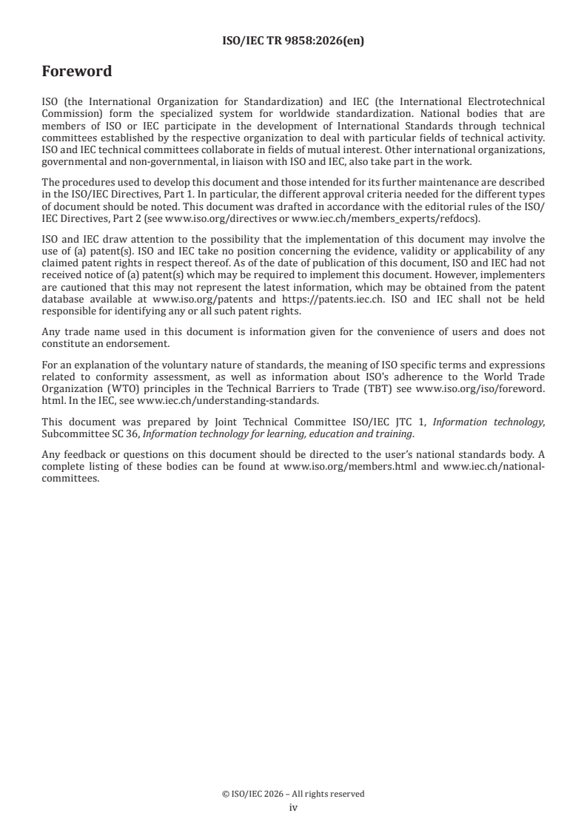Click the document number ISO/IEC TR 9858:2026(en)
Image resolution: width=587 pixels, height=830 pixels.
[x=293, y=41]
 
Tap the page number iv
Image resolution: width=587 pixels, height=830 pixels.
[x=293, y=808]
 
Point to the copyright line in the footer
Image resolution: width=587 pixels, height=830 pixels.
[x=293, y=794]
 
